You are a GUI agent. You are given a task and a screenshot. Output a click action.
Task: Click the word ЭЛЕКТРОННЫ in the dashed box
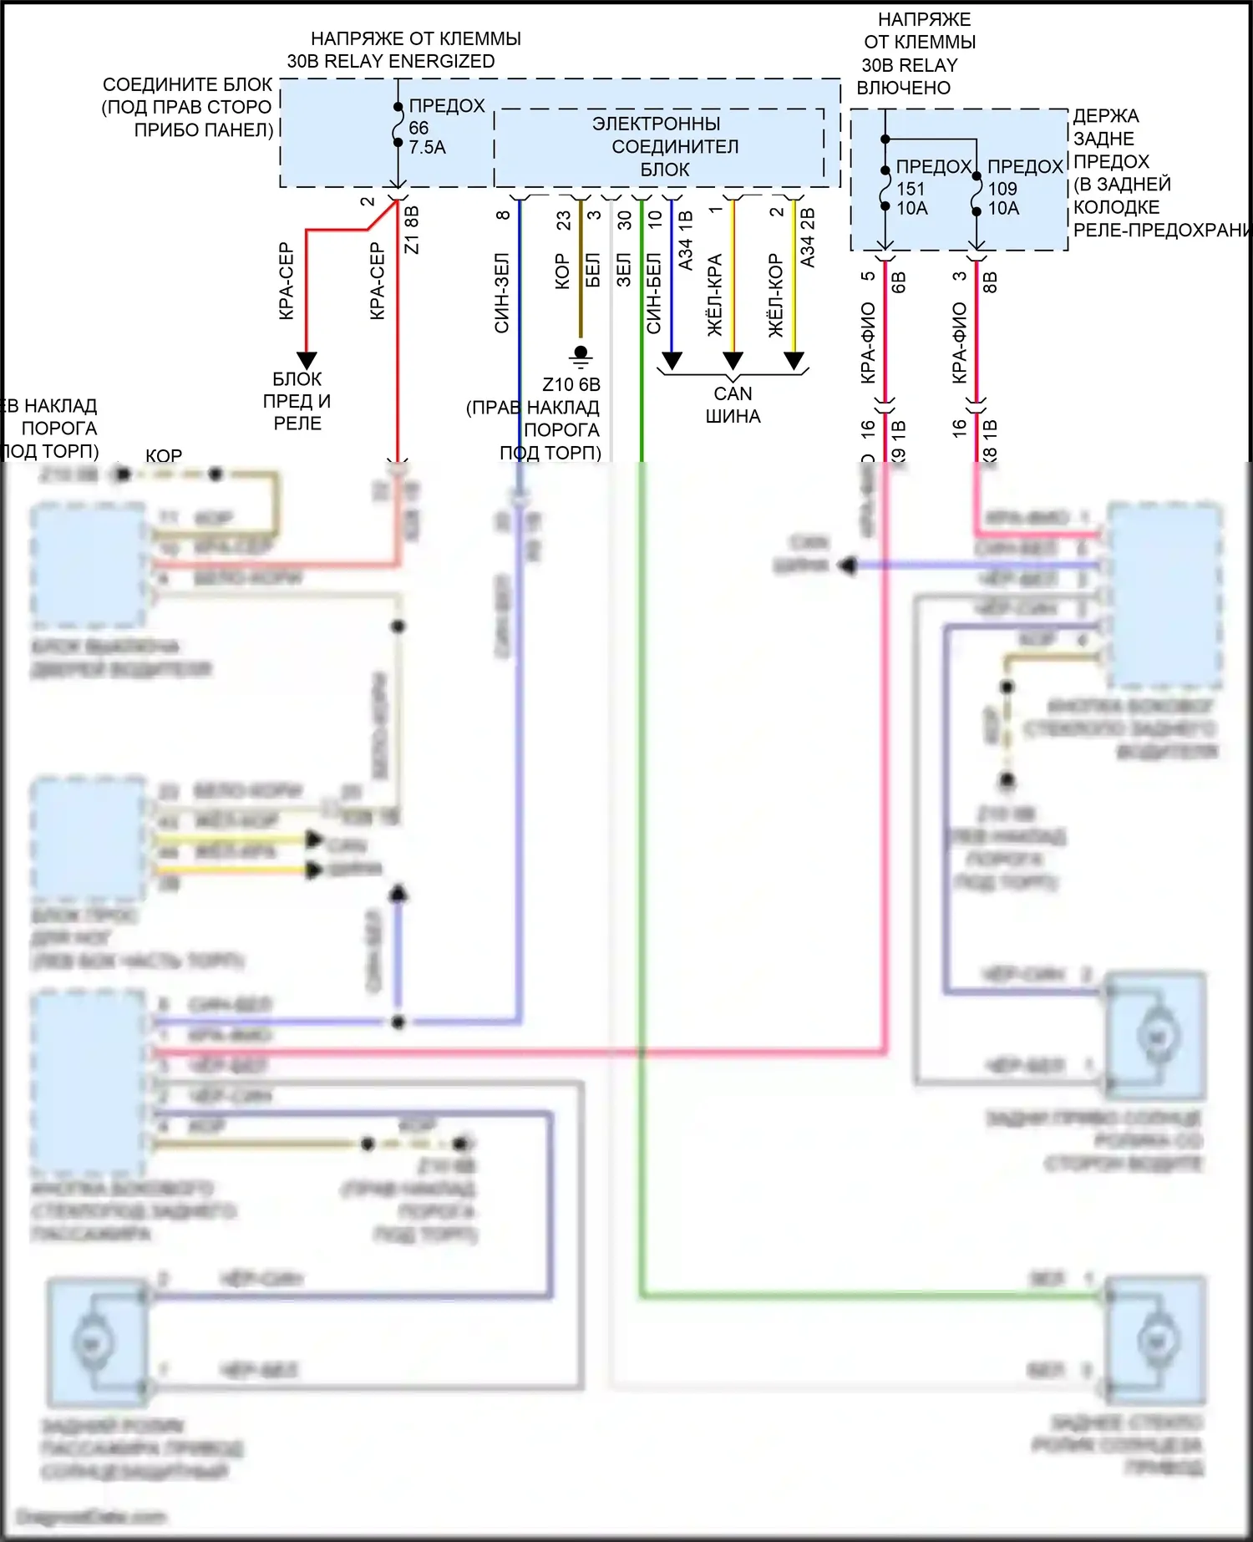[x=657, y=124]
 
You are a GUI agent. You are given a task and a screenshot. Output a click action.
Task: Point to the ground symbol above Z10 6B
[x=581, y=356]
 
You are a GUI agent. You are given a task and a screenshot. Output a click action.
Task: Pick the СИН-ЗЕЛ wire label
[x=501, y=292]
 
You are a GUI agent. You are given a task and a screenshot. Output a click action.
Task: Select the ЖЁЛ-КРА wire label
[x=715, y=295]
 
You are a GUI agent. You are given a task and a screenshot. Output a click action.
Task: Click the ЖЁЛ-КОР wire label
[x=776, y=295]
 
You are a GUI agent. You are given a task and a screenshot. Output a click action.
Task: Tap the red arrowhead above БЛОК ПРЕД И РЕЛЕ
[x=307, y=360]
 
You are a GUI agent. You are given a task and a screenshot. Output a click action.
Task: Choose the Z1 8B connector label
[x=411, y=230]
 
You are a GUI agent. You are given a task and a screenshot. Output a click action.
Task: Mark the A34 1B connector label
[x=686, y=241]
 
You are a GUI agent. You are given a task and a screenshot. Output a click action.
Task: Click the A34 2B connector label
[x=807, y=238]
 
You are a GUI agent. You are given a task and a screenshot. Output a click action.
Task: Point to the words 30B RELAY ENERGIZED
[x=391, y=62]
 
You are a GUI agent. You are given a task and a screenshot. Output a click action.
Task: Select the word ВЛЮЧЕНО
[x=904, y=88]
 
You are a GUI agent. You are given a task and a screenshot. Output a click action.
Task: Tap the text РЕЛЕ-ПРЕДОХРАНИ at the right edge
[x=1161, y=230]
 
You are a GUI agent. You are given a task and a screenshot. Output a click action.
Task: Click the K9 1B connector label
[x=898, y=441]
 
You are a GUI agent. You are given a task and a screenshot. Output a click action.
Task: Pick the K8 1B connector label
[x=990, y=441]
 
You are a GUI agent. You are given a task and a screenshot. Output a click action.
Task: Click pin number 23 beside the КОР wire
[x=564, y=220]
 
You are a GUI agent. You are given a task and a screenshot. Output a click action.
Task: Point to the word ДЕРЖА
[x=1106, y=116]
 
